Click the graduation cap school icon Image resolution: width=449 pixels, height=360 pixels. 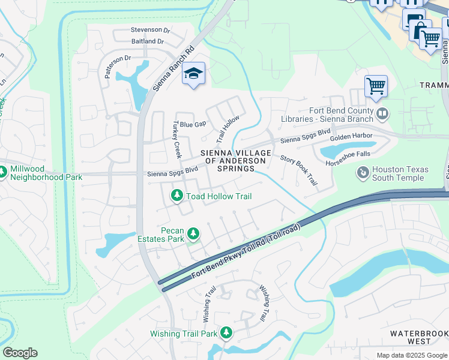coord(193,74)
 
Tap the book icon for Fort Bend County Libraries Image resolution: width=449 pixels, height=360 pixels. coord(382,113)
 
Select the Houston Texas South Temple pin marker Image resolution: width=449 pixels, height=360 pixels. coord(363,173)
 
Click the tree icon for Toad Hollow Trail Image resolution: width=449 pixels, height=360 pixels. coord(177,196)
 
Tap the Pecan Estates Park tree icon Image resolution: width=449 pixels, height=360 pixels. coord(193,233)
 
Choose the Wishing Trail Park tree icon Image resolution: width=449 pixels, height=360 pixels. coord(226,332)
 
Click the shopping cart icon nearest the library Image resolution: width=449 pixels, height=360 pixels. coord(376,86)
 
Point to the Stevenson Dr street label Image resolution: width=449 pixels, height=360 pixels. coord(150,29)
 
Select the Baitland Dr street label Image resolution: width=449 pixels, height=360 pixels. coord(148,41)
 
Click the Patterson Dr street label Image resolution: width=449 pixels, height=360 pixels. coord(118,67)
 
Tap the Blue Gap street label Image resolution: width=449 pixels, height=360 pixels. coord(193,124)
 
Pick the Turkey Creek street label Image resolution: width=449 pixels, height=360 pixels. coord(176,139)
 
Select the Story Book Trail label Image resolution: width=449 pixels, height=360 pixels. coord(298,170)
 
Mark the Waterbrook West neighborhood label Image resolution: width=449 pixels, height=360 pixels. coord(418,337)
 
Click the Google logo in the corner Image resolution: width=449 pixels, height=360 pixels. coord(20,353)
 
